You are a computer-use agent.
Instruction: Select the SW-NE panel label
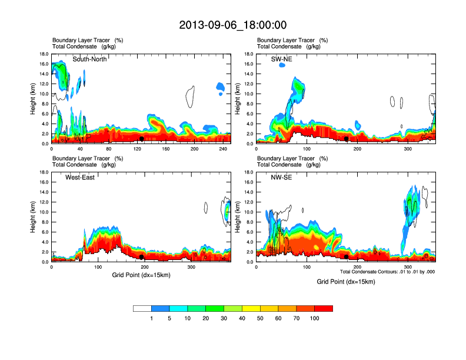point(284,59)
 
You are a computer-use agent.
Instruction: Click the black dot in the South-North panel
point(141,139)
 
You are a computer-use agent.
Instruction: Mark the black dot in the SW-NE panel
point(347,139)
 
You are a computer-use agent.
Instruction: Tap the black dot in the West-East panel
point(141,257)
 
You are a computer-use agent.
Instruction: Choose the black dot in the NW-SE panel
point(347,257)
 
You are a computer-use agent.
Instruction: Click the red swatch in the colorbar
point(324,308)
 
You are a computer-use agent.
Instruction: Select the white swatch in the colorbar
point(142,308)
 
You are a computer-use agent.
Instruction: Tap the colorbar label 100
point(315,318)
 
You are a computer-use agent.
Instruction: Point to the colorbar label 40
point(242,318)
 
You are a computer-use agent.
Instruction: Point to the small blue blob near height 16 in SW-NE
point(282,65)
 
